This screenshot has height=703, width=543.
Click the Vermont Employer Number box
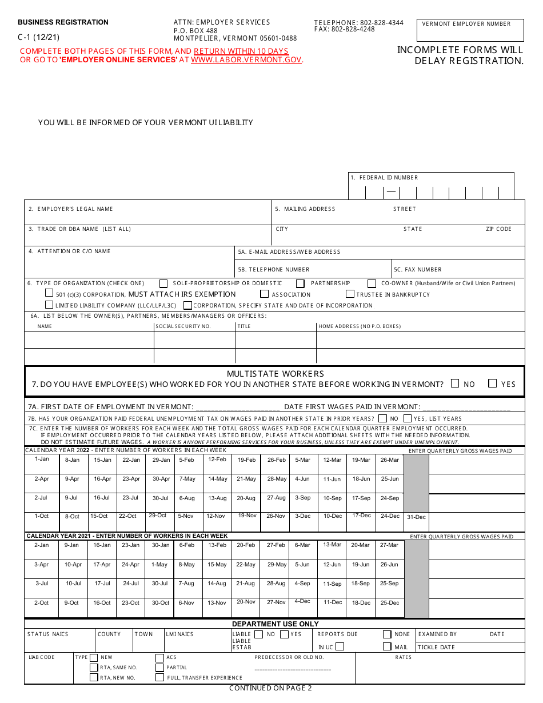tap(471, 31)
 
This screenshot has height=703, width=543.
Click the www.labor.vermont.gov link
tap(246, 60)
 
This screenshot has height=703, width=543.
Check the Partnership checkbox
tap(300, 283)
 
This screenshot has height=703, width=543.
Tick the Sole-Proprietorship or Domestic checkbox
tap(163, 283)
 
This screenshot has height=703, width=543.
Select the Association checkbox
tap(264, 294)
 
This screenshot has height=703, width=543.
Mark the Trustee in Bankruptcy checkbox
tap(350, 294)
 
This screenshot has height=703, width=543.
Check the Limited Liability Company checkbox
tap(49, 305)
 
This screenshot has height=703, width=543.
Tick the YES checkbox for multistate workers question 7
tap(492, 384)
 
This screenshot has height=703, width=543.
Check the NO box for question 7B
tap(381, 418)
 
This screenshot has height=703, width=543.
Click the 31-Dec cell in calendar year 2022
tap(416, 517)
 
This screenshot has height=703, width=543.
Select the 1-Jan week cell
tap(42, 459)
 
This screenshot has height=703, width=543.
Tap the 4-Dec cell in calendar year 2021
tap(302, 601)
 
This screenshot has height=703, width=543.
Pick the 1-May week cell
tap(159, 565)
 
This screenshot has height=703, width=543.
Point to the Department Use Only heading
tap(275, 624)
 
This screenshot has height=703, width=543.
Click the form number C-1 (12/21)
tap(38, 37)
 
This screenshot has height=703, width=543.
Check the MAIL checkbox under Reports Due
tap(387, 647)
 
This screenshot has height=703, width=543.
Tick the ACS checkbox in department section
tap(159, 658)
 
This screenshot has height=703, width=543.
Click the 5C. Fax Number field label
tap(418, 270)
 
